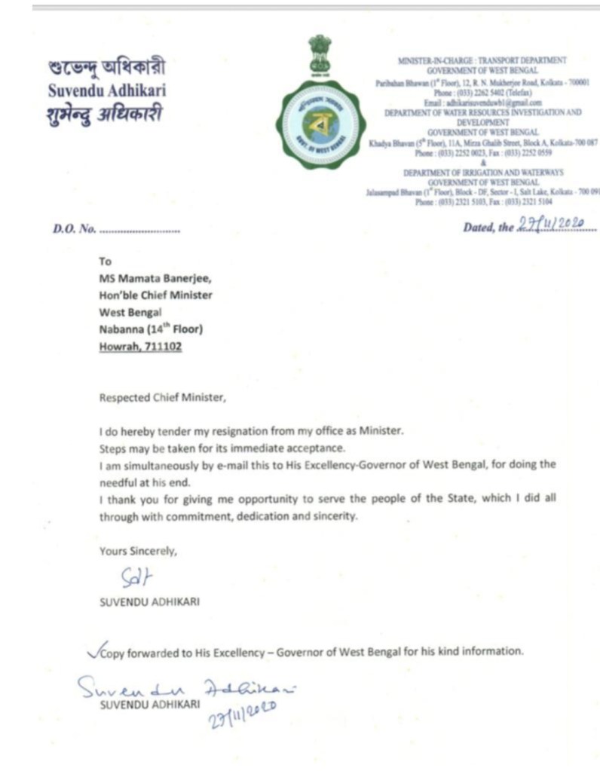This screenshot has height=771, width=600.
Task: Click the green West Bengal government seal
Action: (x=317, y=125)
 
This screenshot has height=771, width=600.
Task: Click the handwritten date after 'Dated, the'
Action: (x=553, y=225)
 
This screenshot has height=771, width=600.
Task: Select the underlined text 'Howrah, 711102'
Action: (x=140, y=347)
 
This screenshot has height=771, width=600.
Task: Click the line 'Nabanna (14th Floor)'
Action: (x=151, y=329)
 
